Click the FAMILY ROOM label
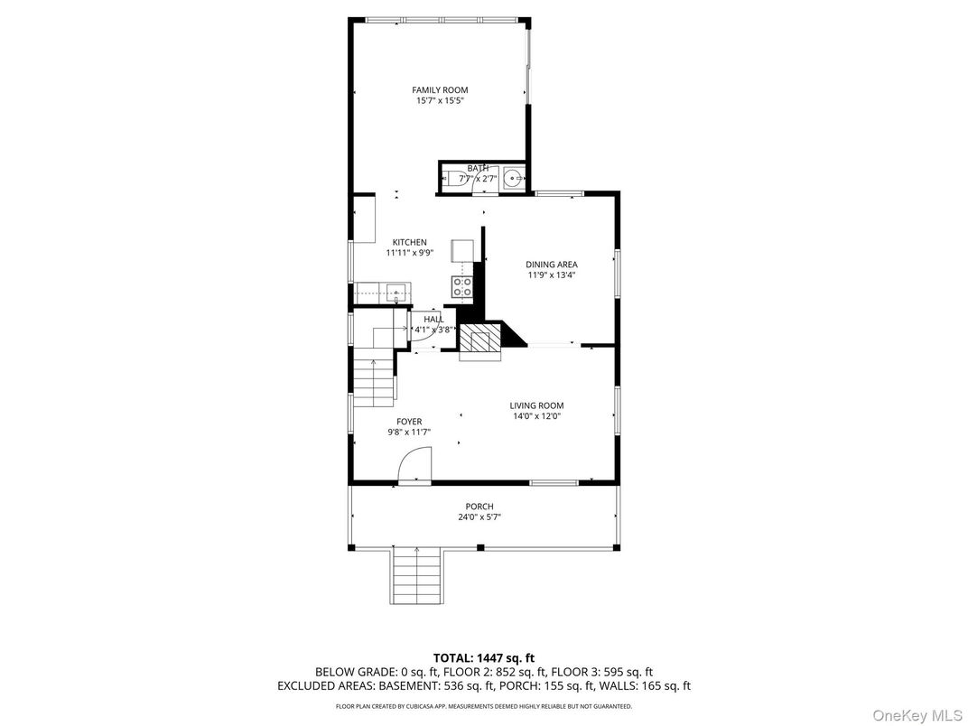tap(440, 89)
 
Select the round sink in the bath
tap(514, 179)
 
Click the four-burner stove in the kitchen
tap(461, 288)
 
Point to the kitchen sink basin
tap(396, 292)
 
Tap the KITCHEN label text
tap(409, 242)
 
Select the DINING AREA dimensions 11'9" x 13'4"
tap(552, 275)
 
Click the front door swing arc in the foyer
tap(414, 465)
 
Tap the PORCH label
tap(479, 506)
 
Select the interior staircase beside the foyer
tap(373, 379)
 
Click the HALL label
tap(433, 319)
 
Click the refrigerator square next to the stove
tap(461, 250)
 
